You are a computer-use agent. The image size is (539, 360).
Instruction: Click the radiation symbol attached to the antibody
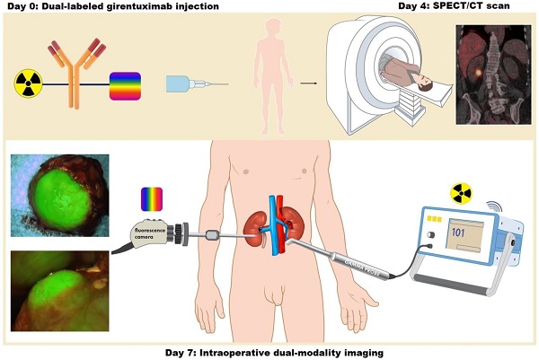tap(28, 83)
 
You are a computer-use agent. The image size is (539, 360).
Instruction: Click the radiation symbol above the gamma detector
tap(461, 193)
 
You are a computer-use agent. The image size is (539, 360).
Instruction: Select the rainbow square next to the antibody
tap(125, 86)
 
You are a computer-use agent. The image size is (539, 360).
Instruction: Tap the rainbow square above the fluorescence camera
tap(152, 199)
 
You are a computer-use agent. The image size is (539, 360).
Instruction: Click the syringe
tap(197, 83)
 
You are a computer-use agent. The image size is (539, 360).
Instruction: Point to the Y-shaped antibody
tap(76, 74)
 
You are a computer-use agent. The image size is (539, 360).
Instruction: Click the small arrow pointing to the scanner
tap(309, 83)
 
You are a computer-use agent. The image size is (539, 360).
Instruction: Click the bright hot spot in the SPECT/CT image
tap(478, 73)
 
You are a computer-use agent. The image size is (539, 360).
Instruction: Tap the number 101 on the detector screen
tap(458, 233)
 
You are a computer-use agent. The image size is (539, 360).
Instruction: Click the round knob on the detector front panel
tap(430, 235)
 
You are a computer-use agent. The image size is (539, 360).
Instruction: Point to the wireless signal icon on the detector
tap(494, 206)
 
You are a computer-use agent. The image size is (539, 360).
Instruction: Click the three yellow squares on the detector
tap(434, 219)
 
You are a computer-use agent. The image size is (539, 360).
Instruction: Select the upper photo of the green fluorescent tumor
tap(60, 196)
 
